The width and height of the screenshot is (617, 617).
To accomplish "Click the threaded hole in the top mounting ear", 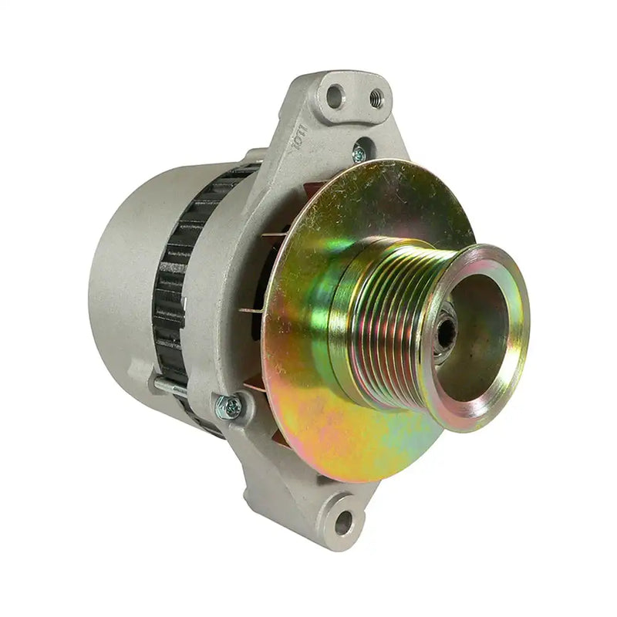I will [x=376, y=97].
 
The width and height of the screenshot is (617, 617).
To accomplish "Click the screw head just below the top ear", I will [x=359, y=153].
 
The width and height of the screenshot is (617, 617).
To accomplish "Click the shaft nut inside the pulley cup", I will [x=444, y=332].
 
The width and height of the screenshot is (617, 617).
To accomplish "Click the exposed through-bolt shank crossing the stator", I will [x=171, y=384].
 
